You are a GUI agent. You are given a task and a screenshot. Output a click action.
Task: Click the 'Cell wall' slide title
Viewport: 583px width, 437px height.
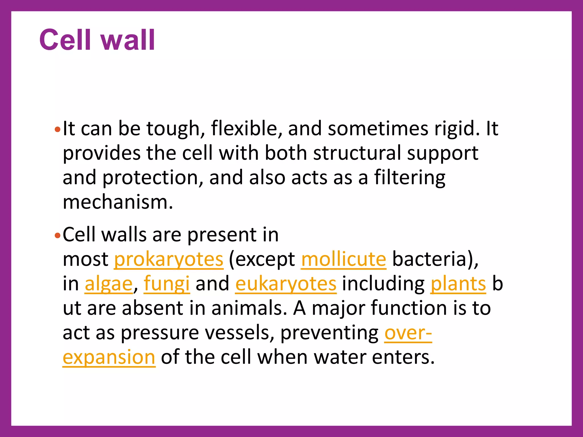tap(97, 40)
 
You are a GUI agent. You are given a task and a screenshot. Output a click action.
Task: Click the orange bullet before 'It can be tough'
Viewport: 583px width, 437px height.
tap(58, 130)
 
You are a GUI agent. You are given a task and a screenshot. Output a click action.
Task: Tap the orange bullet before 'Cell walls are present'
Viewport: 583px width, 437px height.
tap(58, 236)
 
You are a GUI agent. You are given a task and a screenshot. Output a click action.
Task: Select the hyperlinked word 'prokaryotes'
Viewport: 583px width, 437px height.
tap(169, 259)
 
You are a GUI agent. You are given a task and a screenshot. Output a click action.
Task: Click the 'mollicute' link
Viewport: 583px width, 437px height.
tap(344, 259)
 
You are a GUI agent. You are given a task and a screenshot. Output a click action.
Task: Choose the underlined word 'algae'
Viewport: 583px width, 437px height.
tap(109, 284)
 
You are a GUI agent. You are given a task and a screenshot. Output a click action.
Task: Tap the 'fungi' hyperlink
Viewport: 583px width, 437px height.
tap(167, 284)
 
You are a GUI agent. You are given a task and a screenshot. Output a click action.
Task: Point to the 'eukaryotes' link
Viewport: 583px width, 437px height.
tap(286, 284)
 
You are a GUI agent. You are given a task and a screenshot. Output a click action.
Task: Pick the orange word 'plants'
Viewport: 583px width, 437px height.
tap(458, 284)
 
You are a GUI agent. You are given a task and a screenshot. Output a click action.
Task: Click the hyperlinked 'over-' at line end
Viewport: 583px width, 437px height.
tap(408, 333)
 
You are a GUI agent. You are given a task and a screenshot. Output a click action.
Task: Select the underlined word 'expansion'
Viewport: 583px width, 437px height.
tap(109, 357)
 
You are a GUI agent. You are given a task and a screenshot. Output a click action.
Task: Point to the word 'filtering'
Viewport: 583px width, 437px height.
tap(410, 178)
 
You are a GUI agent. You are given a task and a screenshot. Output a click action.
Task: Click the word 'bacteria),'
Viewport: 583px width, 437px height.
tap(435, 259)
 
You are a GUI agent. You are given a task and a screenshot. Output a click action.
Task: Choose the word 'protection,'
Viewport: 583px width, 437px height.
tap(153, 178)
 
